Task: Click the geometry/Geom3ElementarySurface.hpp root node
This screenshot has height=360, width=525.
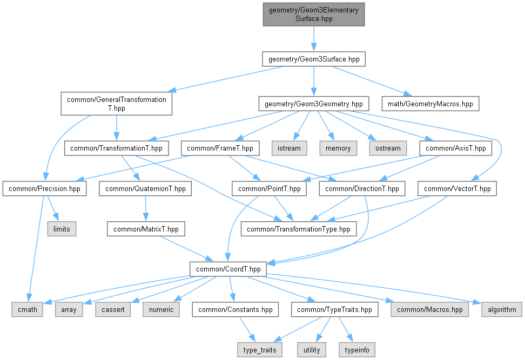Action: (314, 14)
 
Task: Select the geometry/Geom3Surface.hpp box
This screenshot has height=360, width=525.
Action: (314, 59)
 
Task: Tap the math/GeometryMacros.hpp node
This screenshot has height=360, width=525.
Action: (430, 103)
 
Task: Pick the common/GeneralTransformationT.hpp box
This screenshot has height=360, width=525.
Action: (116, 103)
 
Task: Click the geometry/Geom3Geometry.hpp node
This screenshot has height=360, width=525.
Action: (314, 103)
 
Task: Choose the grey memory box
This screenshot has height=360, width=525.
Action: (339, 148)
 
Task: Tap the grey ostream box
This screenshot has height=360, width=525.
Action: (387, 148)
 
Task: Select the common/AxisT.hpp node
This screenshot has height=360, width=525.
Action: (456, 148)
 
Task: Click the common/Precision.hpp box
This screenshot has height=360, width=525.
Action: (45, 189)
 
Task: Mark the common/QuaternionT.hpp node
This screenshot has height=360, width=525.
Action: (145, 189)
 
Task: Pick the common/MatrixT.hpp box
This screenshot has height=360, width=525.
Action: (146, 229)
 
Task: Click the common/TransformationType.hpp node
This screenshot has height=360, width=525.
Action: (299, 229)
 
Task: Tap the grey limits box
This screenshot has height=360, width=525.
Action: (62, 229)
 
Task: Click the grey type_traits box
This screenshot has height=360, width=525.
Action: (259, 350)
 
